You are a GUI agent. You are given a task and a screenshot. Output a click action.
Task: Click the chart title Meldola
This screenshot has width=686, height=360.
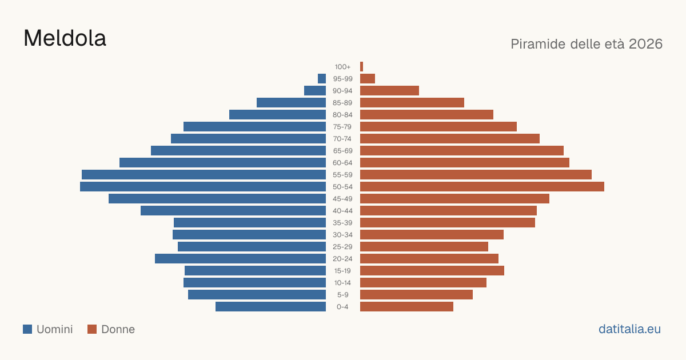coord(65,38)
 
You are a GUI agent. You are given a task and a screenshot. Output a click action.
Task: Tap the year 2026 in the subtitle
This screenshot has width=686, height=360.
coord(645,44)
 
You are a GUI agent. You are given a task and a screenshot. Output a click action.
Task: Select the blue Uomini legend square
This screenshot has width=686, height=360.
coord(27,329)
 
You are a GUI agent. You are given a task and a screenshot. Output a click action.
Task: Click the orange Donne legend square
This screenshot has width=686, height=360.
coord(92,329)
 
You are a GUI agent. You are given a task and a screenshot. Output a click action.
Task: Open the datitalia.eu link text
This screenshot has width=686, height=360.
coord(629,329)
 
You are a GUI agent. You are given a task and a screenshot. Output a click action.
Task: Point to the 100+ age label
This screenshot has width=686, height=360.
coord(342,67)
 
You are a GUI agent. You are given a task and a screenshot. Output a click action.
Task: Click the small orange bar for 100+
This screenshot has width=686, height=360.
coord(362,67)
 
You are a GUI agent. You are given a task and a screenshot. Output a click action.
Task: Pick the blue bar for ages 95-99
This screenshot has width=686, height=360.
coord(322,79)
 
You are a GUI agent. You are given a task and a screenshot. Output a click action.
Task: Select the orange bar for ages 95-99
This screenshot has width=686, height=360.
coord(368,79)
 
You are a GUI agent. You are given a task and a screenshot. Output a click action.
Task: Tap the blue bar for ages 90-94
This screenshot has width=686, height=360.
coord(315,91)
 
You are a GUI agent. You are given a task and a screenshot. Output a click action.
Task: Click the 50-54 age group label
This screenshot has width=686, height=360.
coord(342,187)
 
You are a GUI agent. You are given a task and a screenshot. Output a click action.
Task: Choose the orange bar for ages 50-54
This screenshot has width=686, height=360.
coord(482,187)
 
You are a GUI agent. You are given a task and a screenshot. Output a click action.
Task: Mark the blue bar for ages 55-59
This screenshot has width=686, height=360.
coord(204,175)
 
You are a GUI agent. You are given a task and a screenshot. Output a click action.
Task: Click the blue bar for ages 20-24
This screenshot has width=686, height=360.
coord(241,259)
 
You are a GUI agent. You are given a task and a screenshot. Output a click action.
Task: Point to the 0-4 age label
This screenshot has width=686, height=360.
coord(342,307)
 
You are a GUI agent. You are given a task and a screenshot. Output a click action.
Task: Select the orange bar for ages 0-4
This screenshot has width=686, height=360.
coord(406,307)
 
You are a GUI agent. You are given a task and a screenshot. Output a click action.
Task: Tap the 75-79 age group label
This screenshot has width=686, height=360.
coord(342,127)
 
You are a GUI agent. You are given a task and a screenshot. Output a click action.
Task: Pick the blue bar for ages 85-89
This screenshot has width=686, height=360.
coord(291,102)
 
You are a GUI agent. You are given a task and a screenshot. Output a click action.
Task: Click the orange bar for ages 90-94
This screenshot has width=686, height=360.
coord(389,91)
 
